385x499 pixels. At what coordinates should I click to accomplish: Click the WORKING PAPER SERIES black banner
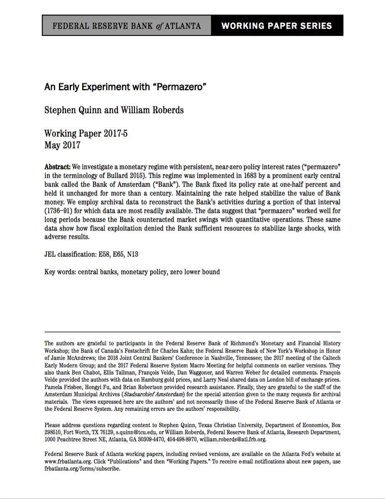(x=277, y=26)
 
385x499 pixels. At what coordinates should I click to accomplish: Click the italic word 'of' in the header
(x=150, y=26)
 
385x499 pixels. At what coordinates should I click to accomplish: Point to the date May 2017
(x=62, y=145)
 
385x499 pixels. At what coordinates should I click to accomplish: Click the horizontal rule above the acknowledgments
(x=192, y=332)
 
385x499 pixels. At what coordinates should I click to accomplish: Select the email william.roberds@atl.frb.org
(x=233, y=439)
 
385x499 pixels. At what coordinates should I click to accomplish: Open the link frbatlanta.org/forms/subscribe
(x=82, y=469)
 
